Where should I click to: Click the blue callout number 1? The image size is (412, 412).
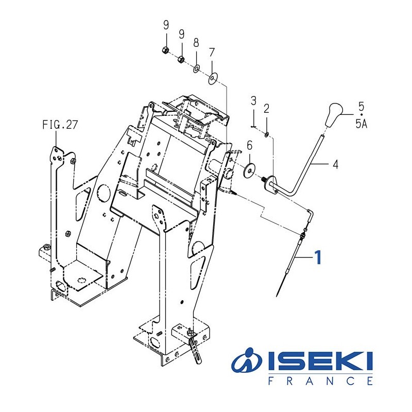[x=318, y=256]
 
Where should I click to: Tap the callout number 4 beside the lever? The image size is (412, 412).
[x=335, y=165]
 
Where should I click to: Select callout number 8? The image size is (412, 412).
[x=196, y=43]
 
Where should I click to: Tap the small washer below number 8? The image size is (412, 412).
[x=197, y=68]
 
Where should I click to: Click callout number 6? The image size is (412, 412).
[x=249, y=146]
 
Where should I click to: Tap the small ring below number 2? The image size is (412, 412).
[x=266, y=135]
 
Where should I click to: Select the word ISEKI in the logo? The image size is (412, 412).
[x=319, y=363]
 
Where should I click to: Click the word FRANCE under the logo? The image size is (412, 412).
[x=320, y=382]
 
